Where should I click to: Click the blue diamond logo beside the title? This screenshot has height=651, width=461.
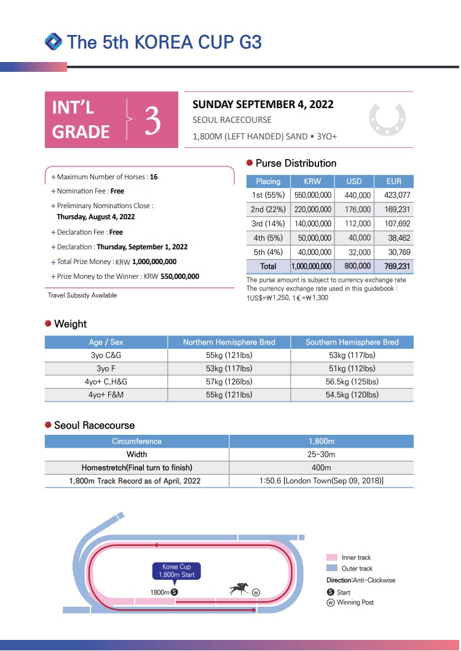tap(53, 42)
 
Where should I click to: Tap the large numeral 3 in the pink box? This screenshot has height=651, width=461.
tap(152, 121)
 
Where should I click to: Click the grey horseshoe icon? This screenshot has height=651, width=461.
tap(387, 119)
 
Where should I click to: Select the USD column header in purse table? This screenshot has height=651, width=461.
tap(354, 181)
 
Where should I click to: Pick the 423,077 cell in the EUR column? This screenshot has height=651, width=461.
tap(393, 195)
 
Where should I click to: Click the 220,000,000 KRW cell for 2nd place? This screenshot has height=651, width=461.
tap(313, 209)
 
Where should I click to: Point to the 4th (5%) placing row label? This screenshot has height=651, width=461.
tap(268, 238)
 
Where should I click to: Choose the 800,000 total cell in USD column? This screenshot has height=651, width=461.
tap(354, 267)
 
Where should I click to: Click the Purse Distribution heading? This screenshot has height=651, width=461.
tap(296, 163)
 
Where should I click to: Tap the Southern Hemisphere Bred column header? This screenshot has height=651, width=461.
tap(352, 342)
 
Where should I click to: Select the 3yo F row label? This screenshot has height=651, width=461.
tap(106, 368)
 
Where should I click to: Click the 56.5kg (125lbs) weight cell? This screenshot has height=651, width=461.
tap(352, 381)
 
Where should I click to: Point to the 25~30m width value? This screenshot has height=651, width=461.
tap(321, 454)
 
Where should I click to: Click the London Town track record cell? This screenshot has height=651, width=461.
tap(321, 481)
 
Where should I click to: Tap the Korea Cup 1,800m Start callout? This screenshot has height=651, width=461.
tap(176, 571)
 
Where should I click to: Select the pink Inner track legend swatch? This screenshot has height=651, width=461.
tap(332, 558)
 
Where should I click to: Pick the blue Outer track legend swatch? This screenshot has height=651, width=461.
tap(332, 569)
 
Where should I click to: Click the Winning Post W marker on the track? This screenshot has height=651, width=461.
tap(256, 592)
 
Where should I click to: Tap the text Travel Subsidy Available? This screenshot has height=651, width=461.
tap(82, 295)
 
